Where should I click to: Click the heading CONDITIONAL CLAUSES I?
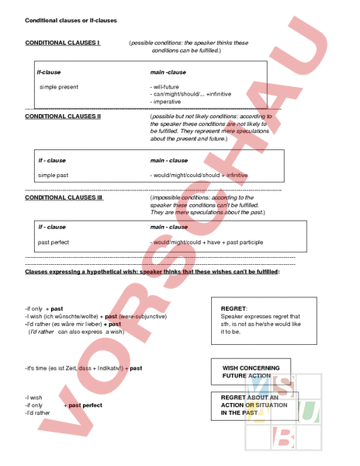(62, 43)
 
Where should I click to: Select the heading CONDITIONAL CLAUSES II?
(63, 116)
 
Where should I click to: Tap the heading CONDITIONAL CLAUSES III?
(64, 197)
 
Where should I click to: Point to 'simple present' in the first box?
(59, 87)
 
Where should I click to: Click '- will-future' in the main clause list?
(165, 87)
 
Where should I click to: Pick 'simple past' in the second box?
(53, 176)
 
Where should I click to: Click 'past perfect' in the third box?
(54, 242)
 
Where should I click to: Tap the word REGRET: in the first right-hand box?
(234, 308)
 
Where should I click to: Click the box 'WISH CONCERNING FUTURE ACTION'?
(250, 371)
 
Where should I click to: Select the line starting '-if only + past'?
(43, 309)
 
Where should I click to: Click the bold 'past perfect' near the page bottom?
(85, 405)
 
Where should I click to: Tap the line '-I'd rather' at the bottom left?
(37, 412)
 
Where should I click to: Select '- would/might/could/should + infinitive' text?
(199, 176)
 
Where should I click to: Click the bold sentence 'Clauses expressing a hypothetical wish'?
(152, 273)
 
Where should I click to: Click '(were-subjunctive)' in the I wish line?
(143, 317)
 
